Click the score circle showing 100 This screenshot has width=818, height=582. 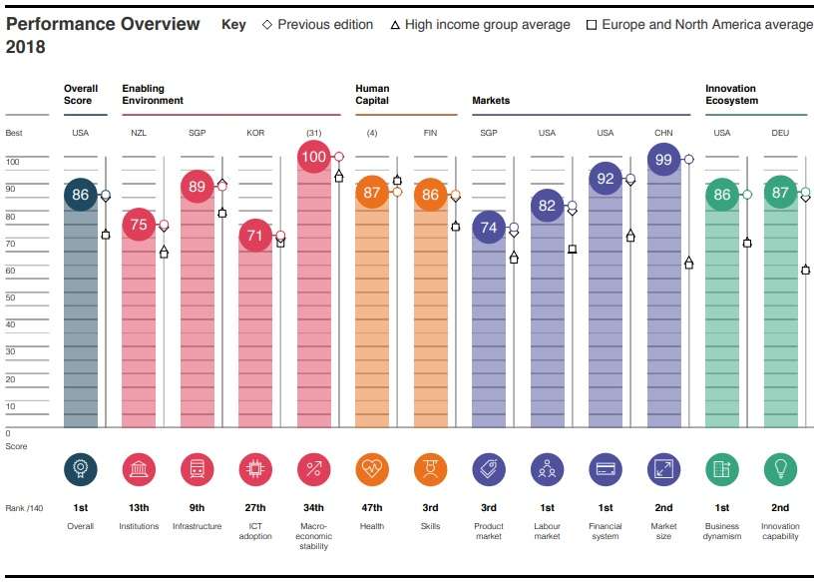click(x=313, y=157)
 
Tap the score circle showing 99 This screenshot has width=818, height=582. click(x=663, y=160)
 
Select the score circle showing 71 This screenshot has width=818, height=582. click(x=255, y=237)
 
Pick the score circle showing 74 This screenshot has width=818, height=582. click(x=489, y=228)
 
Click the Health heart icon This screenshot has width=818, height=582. click(x=372, y=468)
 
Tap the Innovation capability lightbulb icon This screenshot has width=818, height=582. click(x=780, y=468)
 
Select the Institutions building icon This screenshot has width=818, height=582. click(x=139, y=468)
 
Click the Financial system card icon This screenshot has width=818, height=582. click(x=606, y=468)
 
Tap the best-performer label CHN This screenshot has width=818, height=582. click(x=663, y=133)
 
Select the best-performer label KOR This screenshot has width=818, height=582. click(x=255, y=133)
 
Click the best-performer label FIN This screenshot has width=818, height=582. click(x=430, y=133)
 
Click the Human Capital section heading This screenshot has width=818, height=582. click(x=372, y=95)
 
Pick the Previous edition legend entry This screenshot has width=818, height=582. click(x=317, y=25)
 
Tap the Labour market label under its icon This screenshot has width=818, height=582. click(x=547, y=531)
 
